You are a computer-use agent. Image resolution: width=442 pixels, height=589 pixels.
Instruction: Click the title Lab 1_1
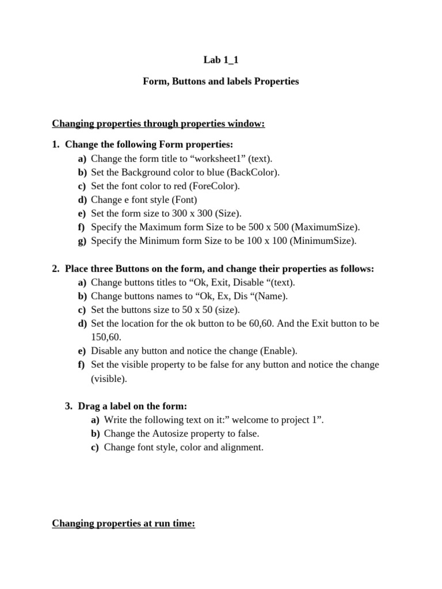coord(220,59)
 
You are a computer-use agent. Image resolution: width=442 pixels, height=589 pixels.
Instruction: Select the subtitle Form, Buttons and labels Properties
coord(220,81)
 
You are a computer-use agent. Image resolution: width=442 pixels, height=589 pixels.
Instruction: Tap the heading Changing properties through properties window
coord(158,124)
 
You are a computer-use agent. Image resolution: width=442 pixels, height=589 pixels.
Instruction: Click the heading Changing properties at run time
coord(123,523)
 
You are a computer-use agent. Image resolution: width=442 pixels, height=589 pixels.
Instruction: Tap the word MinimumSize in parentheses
coord(323,241)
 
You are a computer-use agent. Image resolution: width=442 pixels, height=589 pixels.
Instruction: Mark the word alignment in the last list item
coord(242,447)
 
